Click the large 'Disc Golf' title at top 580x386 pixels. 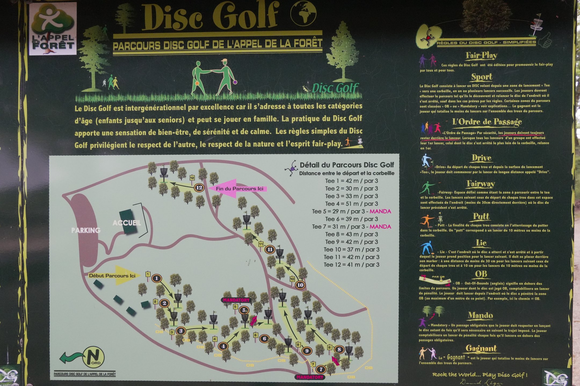[209, 17]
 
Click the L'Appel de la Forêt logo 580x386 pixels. [53, 29]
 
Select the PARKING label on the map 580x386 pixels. [86, 230]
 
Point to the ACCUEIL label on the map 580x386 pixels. [127, 223]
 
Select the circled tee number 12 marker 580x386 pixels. [199, 188]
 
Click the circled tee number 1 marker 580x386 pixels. [157, 279]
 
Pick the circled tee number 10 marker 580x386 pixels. [300, 285]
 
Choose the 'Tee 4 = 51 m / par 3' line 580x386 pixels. [351, 204]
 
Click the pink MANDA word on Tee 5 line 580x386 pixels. [380, 211]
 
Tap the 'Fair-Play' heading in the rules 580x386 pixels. [481, 55]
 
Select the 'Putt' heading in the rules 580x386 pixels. [481, 216]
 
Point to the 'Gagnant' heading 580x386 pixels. [481, 348]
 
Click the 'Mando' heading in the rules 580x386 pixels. [480, 315]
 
